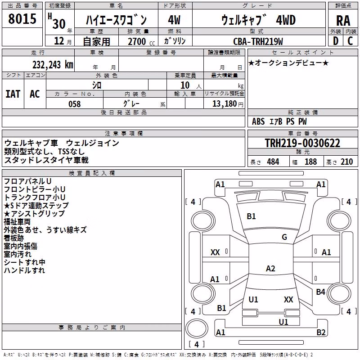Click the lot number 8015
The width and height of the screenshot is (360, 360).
click(22, 19)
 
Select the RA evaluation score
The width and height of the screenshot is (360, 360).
click(343, 21)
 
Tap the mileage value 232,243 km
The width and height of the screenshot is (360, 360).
click(53, 65)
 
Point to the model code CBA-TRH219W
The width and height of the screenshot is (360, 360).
click(258, 41)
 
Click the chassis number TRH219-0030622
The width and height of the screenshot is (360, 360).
click(302, 143)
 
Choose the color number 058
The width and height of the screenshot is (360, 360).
click(75, 104)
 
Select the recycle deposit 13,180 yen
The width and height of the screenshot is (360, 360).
click(228, 104)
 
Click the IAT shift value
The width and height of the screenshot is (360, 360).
click(13, 94)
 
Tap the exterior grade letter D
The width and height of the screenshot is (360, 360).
click(336, 41)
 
